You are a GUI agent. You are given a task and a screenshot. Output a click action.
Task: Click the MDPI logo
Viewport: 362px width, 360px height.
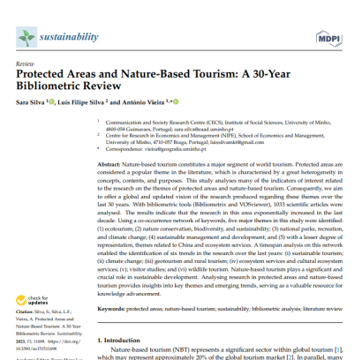pyautogui.click(x=328, y=38)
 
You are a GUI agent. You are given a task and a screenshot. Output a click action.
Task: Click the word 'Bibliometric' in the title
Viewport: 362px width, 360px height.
pyautogui.click(x=54, y=90)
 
